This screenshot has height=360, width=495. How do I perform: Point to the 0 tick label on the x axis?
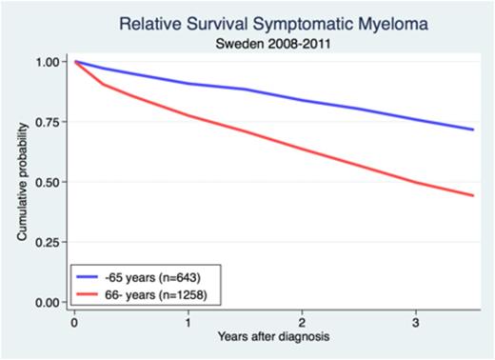pyautogui.click(x=74, y=323)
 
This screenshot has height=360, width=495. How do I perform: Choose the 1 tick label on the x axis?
pyautogui.click(x=188, y=323)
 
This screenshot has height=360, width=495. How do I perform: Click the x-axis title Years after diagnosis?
pyautogui.click(x=274, y=340)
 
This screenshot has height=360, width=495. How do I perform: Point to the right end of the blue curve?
pyautogui.click(x=474, y=130)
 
